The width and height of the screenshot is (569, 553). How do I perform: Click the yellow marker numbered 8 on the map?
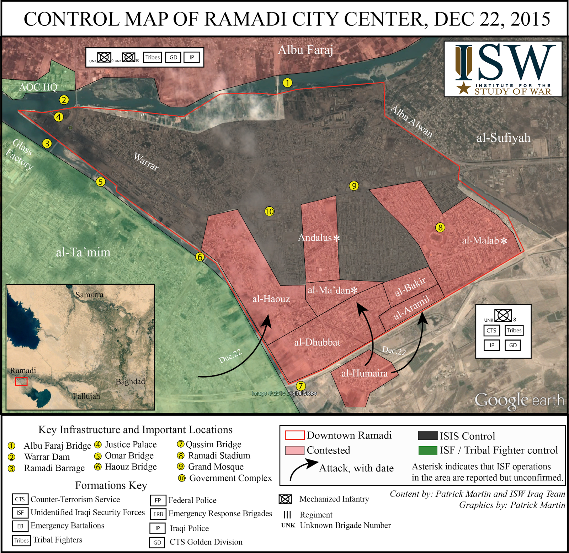[x=440, y=227]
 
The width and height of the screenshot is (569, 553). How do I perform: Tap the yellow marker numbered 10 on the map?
[x=269, y=211]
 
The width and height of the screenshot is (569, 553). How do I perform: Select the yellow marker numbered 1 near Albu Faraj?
[x=287, y=83]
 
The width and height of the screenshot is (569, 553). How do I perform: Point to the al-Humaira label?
[x=364, y=373]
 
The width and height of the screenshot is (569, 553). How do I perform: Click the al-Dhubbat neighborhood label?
[x=317, y=342]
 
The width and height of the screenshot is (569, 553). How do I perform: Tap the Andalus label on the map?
[x=315, y=237]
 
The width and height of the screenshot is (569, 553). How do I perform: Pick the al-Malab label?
[x=480, y=241]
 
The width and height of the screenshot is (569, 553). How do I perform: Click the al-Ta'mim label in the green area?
[x=83, y=252]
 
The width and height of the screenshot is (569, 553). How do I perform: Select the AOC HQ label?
[x=38, y=87]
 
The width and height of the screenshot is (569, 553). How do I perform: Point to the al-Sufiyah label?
[x=503, y=138]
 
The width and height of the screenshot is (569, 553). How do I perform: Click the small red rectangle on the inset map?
[x=21, y=381]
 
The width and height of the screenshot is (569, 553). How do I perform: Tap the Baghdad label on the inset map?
[x=130, y=381]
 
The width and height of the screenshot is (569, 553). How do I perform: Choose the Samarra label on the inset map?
[x=89, y=295]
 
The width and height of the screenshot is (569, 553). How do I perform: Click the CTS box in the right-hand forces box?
[x=491, y=331]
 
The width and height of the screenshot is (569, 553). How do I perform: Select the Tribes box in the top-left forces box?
[x=153, y=57]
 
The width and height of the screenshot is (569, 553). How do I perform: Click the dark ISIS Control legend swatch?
[x=427, y=436]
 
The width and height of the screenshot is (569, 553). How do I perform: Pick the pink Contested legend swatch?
[x=294, y=451]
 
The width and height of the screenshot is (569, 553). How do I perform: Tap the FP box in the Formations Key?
[x=158, y=500]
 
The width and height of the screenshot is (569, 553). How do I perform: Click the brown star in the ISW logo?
[x=464, y=88]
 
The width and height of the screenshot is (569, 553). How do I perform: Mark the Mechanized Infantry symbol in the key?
[x=285, y=499]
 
